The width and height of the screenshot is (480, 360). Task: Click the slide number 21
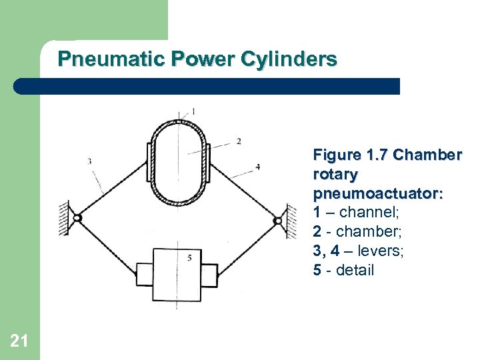pyautogui.click(x=19, y=341)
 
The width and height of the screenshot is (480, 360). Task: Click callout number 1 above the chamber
pyautogui.click(x=193, y=110)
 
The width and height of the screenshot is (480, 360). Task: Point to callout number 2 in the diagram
pyautogui.click(x=238, y=141)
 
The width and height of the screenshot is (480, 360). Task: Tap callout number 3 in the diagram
pyautogui.click(x=89, y=160)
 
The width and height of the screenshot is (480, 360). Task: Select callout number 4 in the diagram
pyautogui.click(x=257, y=167)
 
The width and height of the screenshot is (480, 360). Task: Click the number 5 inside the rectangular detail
pyautogui.click(x=190, y=257)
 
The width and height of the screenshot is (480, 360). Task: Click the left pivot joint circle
pyautogui.click(x=77, y=218)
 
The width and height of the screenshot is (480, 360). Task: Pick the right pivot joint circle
pyautogui.click(x=277, y=219)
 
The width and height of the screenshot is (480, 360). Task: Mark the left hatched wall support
pyautogui.click(x=65, y=218)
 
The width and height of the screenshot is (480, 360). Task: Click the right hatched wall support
pyautogui.click(x=291, y=221)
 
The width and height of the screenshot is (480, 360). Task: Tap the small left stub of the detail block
pyautogui.click(x=145, y=274)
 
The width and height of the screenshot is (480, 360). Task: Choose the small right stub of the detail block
pyautogui.click(x=209, y=274)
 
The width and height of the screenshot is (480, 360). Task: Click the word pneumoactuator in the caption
pyautogui.click(x=378, y=194)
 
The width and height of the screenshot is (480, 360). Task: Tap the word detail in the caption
pyautogui.click(x=355, y=271)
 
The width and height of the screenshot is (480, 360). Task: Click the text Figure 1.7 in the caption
pyautogui.click(x=351, y=155)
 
